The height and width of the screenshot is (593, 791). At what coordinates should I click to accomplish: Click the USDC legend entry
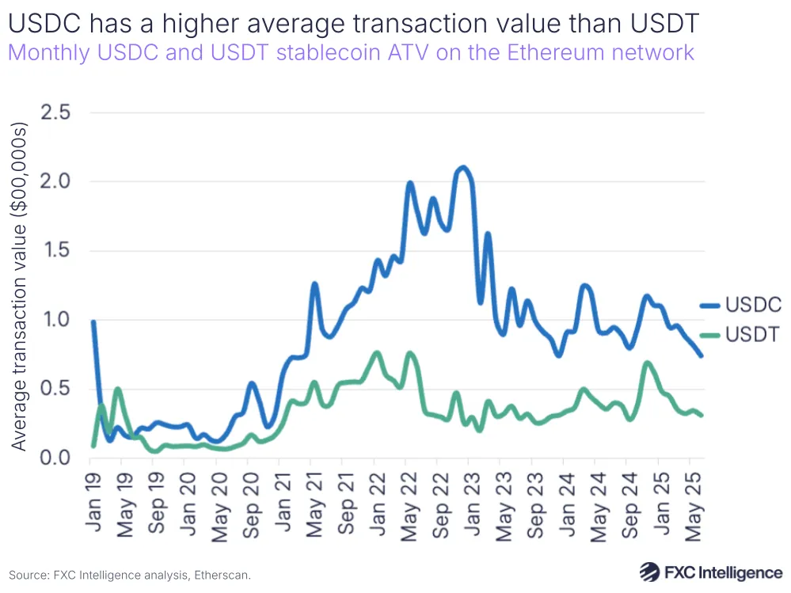740,305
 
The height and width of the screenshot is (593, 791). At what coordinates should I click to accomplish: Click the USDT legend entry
740,335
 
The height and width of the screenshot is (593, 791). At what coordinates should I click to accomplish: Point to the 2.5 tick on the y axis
55,112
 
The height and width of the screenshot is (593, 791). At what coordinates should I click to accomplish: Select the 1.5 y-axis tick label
55,251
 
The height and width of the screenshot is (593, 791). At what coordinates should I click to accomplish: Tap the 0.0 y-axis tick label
55,458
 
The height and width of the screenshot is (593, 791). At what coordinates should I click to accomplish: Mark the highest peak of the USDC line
463,167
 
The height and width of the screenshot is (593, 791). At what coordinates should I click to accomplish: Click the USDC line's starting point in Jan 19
93,321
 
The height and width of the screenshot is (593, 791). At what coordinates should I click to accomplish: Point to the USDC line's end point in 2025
701,355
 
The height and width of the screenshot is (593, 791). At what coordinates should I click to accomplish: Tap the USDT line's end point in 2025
701,415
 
